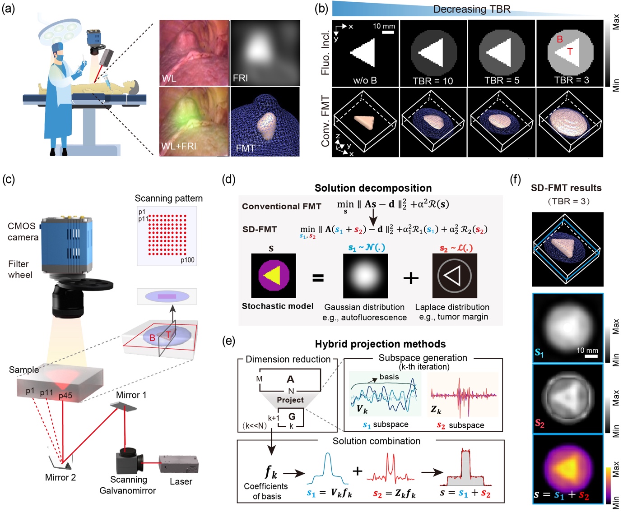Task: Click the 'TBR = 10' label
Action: pos(432,81)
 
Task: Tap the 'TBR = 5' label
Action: pos(502,80)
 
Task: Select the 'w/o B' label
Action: pos(365,81)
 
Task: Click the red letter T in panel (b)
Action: pos(570,51)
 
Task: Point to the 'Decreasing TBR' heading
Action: pos(472,9)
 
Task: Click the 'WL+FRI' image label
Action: pos(179,146)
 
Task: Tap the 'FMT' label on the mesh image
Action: pos(245,148)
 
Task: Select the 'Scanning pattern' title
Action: pos(168,198)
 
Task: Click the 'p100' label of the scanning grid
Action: pos(187,260)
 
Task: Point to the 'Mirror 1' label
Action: pos(131,395)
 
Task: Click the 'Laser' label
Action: pos(181,482)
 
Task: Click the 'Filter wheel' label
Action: pos(20,269)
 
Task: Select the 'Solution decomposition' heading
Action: pos(373,188)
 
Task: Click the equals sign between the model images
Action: pos(318,278)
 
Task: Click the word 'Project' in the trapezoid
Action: pos(290,400)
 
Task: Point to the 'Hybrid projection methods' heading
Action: pos(380,344)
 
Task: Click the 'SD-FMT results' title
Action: pos(566,188)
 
